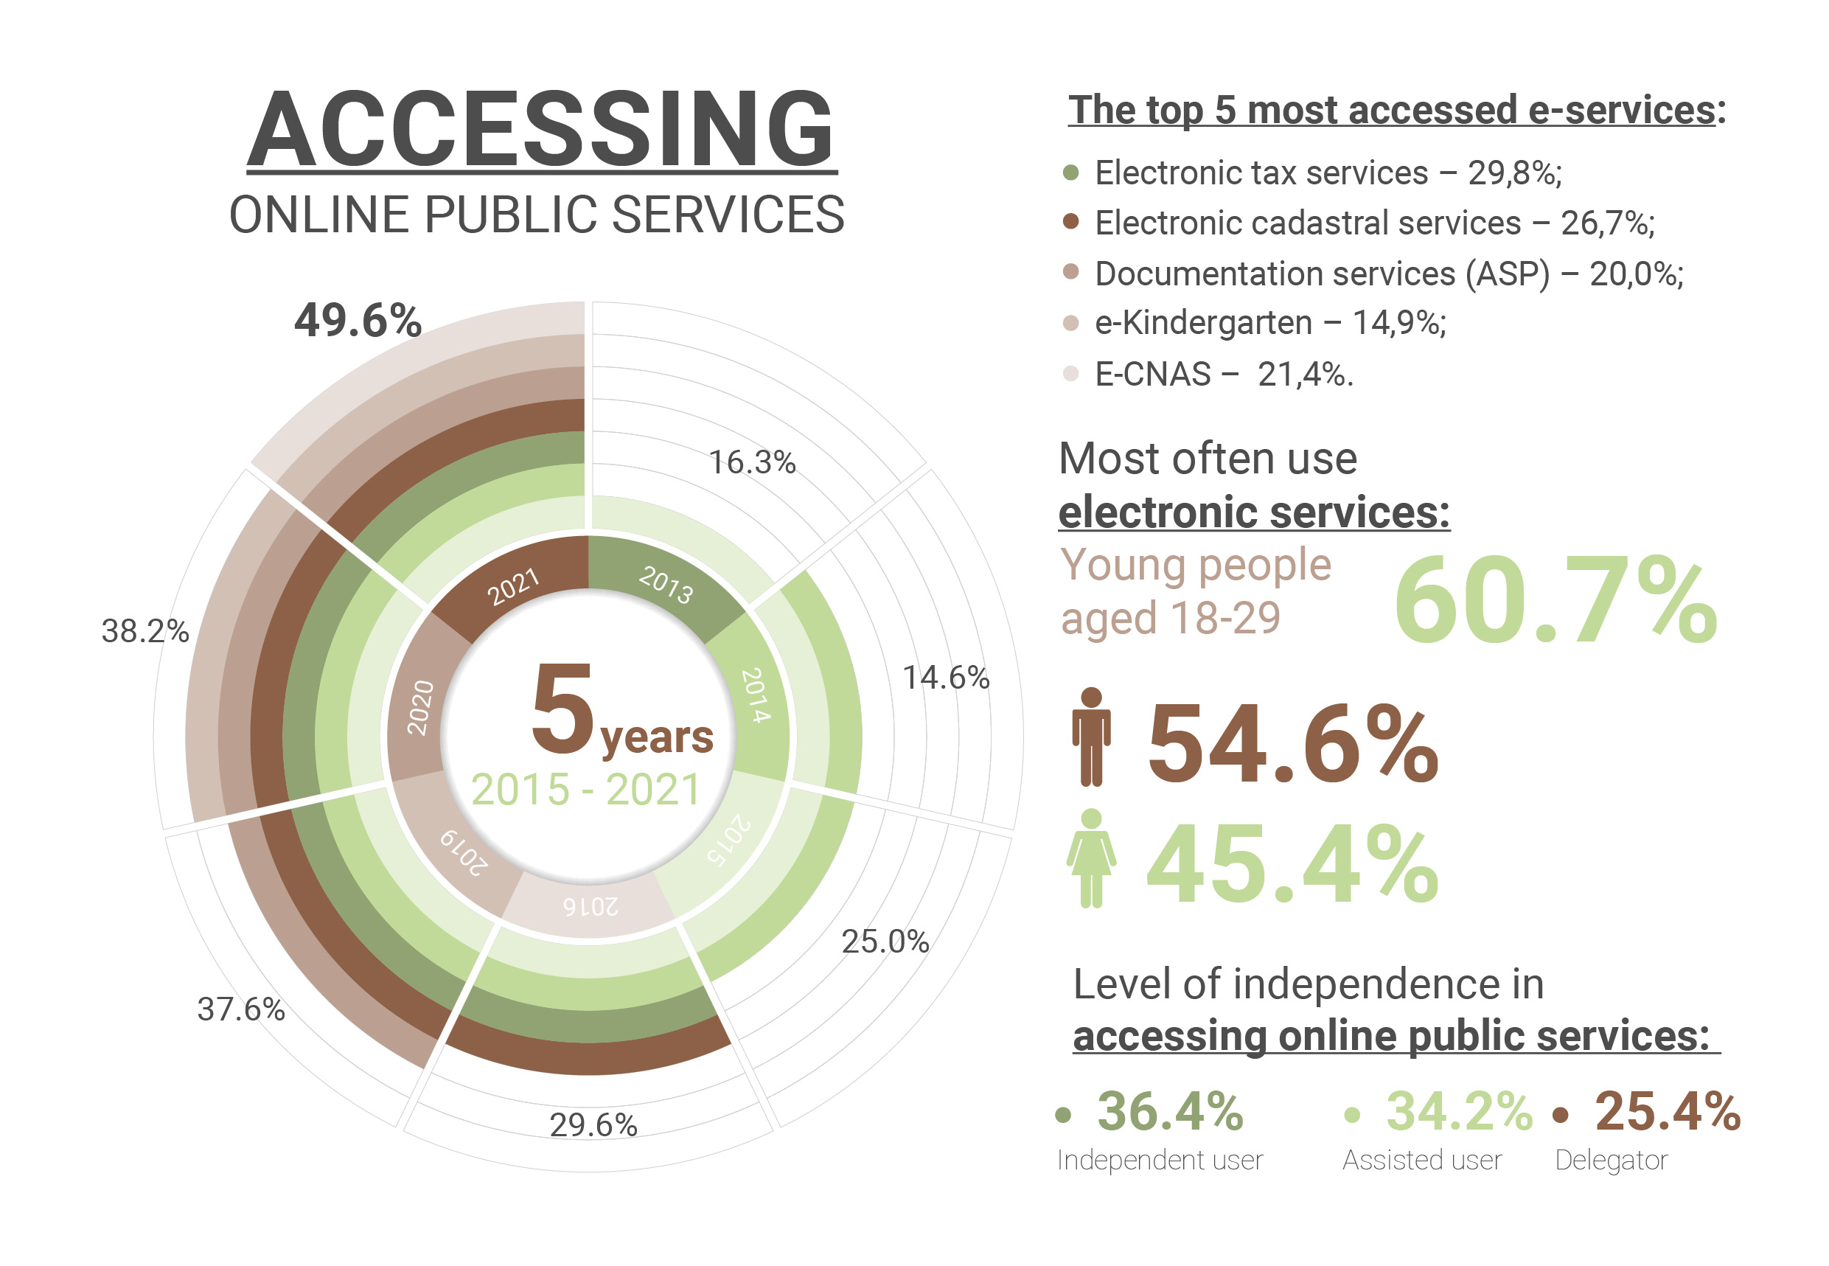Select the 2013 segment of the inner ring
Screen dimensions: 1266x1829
pyautogui.click(x=666, y=585)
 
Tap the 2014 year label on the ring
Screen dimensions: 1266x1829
pyautogui.click(x=756, y=695)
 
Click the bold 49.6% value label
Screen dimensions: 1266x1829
pyautogui.click(x=358, y=321)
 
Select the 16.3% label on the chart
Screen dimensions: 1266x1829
pyautogui.click(x=751, y=462)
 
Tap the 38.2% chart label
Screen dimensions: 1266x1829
pyautogui.click(x=145, y=631)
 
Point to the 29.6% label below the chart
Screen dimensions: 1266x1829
pyautogui.click(x=593, y=1125)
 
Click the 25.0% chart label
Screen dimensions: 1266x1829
pyautogui.click(x=885, y=942)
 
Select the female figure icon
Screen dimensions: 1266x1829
pyautogui.click(x=1091, y=858)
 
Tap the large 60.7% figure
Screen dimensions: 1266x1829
pyautogui.click(x=1555, y=601)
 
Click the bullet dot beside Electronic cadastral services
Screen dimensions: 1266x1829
pyautogui.click(x=1070, y=221)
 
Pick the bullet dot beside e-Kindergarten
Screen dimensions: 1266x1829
pyautogui.click(x=1070, y=323)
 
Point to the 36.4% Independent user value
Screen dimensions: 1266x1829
pyautogui.click(x=1169, y=1110)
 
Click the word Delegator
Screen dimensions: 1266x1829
pyautogui.click(x=1610, y=1160)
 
